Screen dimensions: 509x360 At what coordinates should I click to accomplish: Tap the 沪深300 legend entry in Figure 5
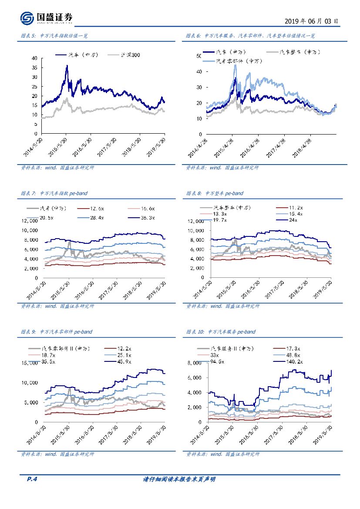pos(130,55)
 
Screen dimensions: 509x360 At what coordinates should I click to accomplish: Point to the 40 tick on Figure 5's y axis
pos(34,58)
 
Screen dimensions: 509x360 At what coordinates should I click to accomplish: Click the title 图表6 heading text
pos(250,36)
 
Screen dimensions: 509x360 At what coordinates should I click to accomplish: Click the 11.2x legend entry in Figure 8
pos(296,208)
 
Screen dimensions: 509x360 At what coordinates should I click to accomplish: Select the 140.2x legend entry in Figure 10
pos(294,361)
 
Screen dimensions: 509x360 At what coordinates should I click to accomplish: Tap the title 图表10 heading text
pos(221,332)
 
